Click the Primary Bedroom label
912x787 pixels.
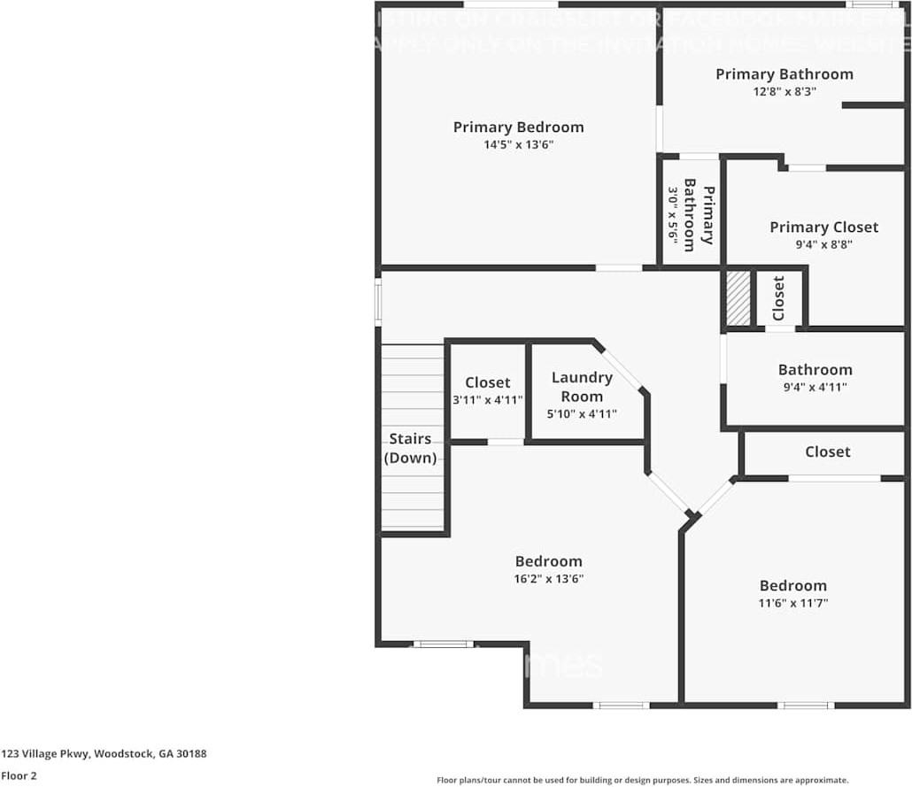(518, 127)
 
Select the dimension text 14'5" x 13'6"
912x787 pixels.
(518, 145)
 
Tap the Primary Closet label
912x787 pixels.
(823, 228)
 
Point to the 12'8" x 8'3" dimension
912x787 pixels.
(784, 91)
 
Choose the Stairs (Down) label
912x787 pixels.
(410, 448)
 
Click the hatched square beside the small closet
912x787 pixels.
(738, 299)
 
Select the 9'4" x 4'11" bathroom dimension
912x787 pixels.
(815, 387)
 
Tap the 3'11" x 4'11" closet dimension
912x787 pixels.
(487, 399)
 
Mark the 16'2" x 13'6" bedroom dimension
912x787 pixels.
(548, 579)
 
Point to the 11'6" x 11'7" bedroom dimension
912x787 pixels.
(792, 603)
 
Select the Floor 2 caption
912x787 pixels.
(19, 775)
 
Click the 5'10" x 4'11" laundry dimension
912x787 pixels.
(582, 413)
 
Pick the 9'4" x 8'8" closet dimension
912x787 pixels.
(823, 245)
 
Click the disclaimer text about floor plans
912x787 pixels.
(642, 780)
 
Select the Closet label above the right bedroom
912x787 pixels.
(827, 451)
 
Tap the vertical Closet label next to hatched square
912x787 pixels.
(778, 298)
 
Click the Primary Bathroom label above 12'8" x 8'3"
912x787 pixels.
(784, 74)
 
